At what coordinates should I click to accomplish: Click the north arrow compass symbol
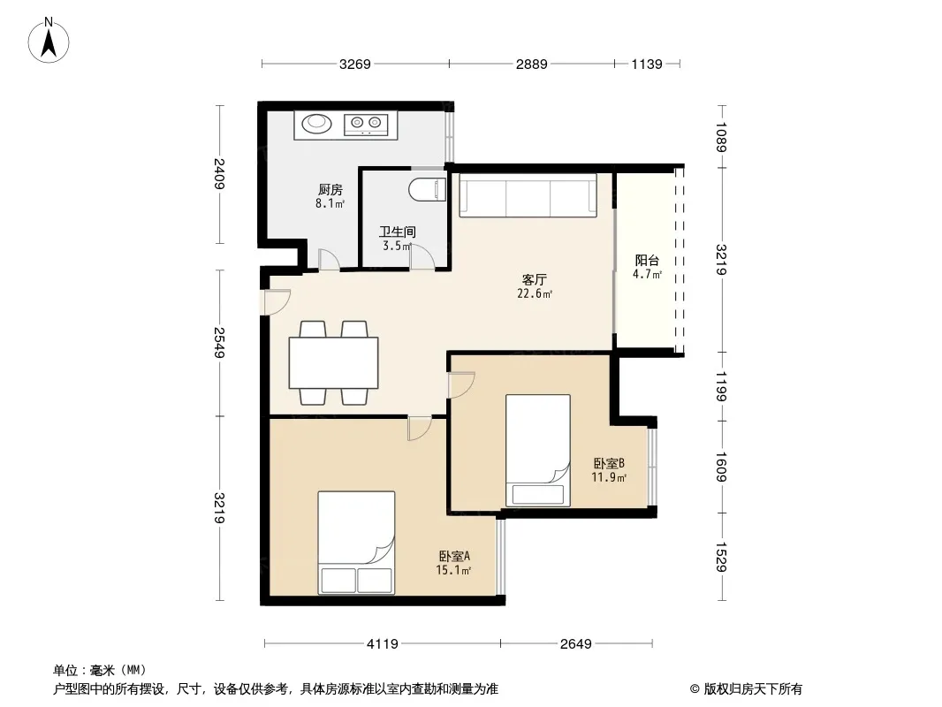tap(49, 41)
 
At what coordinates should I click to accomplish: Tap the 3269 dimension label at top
tap(355, 64)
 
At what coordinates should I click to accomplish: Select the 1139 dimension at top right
tap(647, 64)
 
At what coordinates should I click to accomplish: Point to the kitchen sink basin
tap(316, 124)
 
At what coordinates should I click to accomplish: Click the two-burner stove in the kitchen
tap(366, 125)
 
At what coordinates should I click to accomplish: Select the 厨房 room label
tap(330, 190)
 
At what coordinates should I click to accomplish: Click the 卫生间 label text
tap(397, 232)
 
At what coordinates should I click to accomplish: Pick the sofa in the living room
tap(528, 195)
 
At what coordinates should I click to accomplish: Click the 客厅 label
tap(534, 280)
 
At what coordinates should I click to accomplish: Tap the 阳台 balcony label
tap(647, 261)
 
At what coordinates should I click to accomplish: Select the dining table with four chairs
tap(333, 363)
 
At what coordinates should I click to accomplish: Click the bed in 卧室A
tap(356, 543)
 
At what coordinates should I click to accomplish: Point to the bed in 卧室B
tap(537, 451)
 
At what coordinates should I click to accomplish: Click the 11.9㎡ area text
tap(609, 477)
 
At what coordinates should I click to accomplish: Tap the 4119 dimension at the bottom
tap(383, 644)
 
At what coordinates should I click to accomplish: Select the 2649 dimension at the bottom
tap(576, 644)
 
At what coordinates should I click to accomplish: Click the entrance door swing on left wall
tap(277, 302)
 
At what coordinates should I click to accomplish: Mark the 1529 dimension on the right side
tap(721, 557)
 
